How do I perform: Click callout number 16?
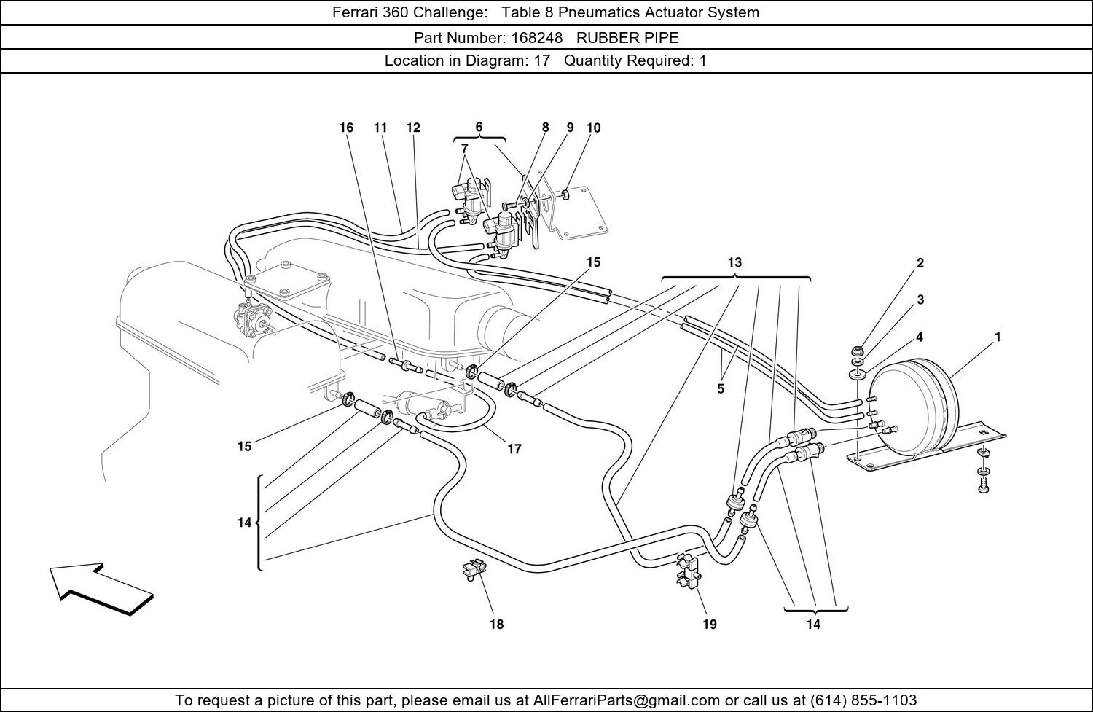point(346,128)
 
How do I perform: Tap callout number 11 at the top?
point(380,128)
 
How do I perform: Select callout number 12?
point(413,128)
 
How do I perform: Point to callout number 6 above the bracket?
point(479,127)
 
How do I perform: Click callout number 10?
point(593,128)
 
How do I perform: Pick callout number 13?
point(734,262)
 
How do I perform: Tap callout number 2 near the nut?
point(920,263)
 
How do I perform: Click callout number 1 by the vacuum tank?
point(998,337)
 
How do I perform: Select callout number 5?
point(721,389)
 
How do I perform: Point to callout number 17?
point(514,448)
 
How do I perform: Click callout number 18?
point(496,624)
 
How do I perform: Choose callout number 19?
point(710,624)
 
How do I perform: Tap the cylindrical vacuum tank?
point(915,408)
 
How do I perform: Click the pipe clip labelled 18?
point(474,569)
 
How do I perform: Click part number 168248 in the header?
point(537,38)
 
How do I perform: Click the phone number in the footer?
point(863,700)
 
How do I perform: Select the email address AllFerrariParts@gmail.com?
point(626,700)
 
